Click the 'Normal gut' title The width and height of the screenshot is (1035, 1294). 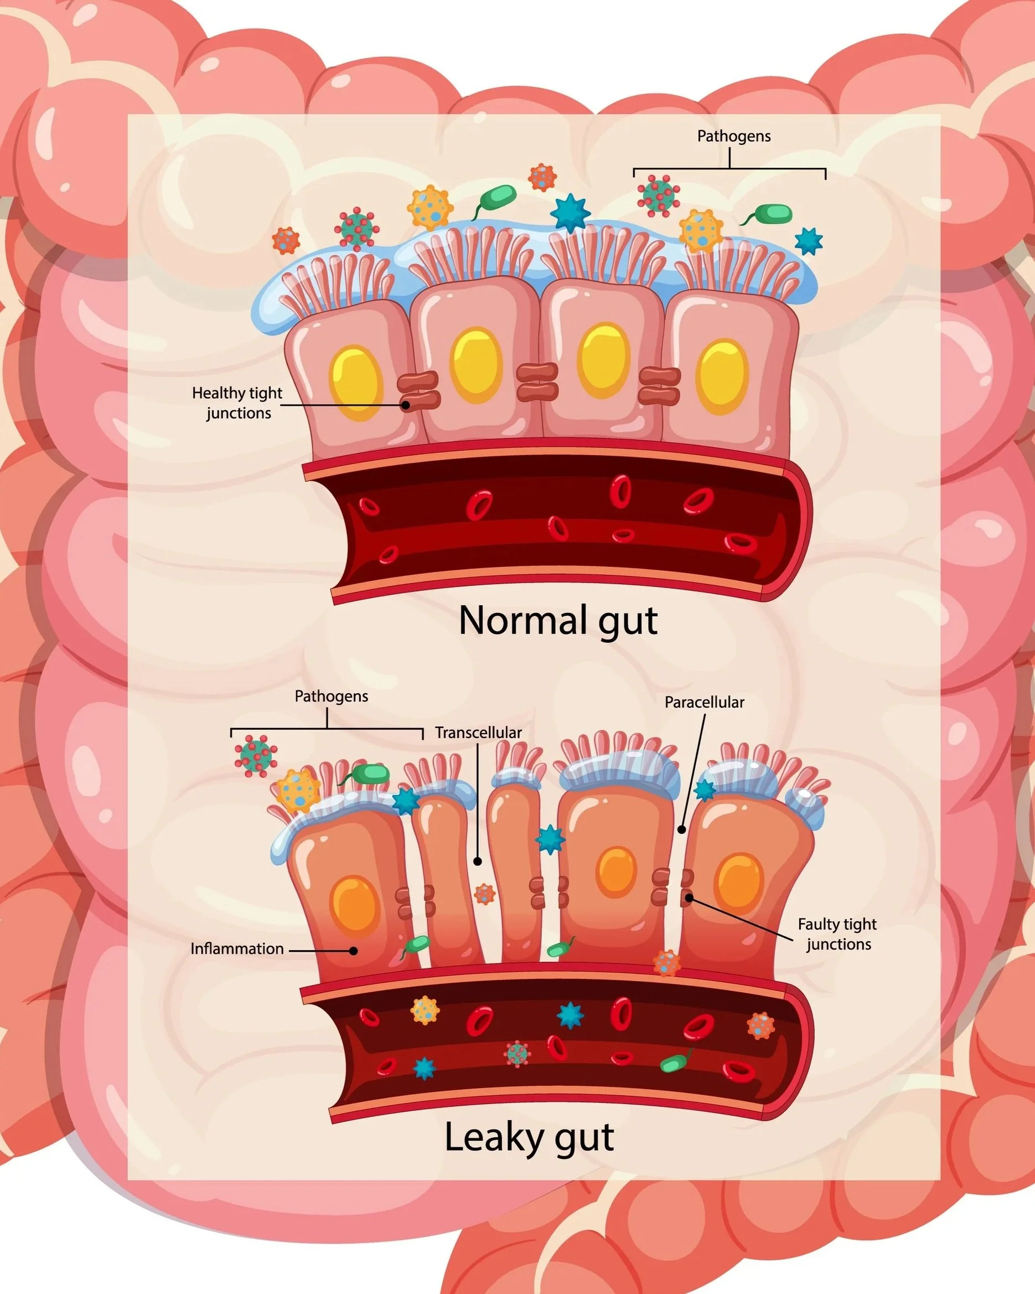point(558,621)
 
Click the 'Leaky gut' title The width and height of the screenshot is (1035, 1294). point(529,1137)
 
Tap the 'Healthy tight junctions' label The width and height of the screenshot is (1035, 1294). point(237,403)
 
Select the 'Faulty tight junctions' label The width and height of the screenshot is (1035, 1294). point(837,934)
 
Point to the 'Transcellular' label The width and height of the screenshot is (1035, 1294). point(478,733)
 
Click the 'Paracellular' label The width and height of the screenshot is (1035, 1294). point(704,702)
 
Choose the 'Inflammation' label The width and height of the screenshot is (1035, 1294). point(237,949)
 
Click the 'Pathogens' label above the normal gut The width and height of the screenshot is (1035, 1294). point(733,136)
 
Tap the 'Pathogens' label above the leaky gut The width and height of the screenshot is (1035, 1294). point(331,696)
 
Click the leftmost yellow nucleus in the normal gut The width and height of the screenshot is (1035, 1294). point(356,382)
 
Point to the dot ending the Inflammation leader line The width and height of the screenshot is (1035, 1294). point(354,951)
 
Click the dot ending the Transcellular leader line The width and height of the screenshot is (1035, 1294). point(478,861)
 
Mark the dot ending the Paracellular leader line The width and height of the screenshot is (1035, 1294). point(681,830)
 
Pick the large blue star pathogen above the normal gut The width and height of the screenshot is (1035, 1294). point(570,213)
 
